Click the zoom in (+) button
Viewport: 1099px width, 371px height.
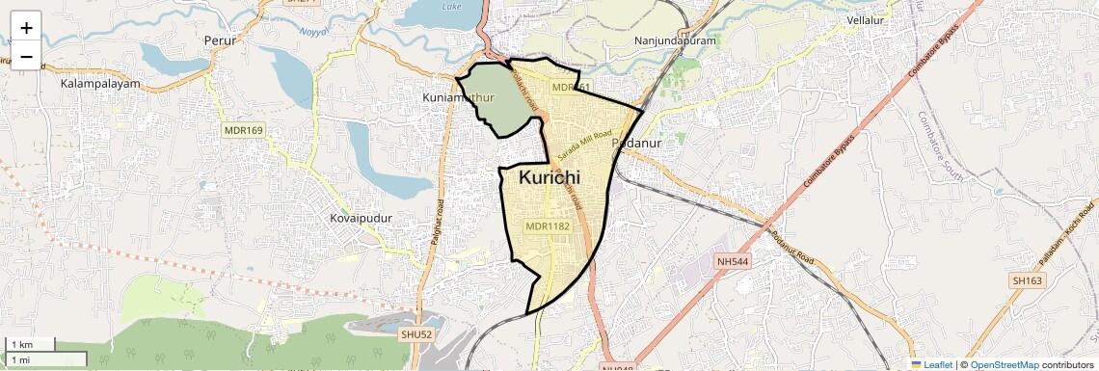pyautogui.click(x=26, y=27)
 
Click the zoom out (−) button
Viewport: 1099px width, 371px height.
pyautogui.click(x=26, y=56)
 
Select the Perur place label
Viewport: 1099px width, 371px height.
pyautogui.click(x=220, y=40)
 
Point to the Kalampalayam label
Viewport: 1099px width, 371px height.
pyautogui.click(x=100, y=84)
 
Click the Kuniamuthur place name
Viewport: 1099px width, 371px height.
pyautogui.click(x=459, y=98)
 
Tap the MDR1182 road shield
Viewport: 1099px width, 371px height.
pyautogui.click(x=548, y=226)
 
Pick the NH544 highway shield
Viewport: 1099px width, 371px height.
pyautogui.click(x=733, y=261)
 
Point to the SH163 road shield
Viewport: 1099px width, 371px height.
pyautogui.click(x=1028, y=280)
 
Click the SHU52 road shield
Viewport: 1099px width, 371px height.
pyautogui.click(x=417, y=333)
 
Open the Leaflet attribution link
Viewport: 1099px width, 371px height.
pyautogui.click(x=931, y=364)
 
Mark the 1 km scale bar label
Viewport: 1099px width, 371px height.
pyautogui.click(x=21, y=344)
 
